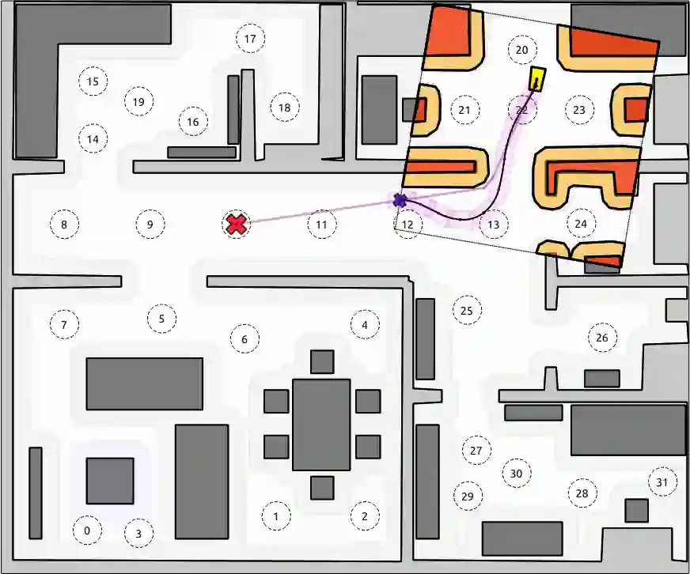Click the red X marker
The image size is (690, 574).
(x=236, y=225)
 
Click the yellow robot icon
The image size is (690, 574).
(x=536, y=79)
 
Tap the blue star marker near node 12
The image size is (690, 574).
(x=400, y=200)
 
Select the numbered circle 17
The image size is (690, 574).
(x=251, y=39)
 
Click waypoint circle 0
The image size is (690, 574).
(x=87, y=531)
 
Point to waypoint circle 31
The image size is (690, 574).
(x=662, y=482)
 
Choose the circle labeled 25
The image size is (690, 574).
(x=466, y=311)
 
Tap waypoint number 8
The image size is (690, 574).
(x=64, y=225)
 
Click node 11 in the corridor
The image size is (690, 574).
(x=321, y=225)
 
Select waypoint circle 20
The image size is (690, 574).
(x=521, y=50)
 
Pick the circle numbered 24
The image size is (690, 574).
(x=581, y=224)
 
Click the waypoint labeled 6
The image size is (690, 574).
(x=245, y=339)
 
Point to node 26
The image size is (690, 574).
(x=602, y=338)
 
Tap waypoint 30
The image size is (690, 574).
(x=516, y=474)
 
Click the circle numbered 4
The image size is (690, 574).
(x=365, y=324)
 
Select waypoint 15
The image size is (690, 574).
(x=93, y=81)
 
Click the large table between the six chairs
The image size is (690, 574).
(x=321, y=425)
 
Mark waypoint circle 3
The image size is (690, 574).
(x=138, y=534)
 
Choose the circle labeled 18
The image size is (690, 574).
(x=285, y=108)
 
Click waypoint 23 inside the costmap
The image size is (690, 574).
(x=579, y=110)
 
